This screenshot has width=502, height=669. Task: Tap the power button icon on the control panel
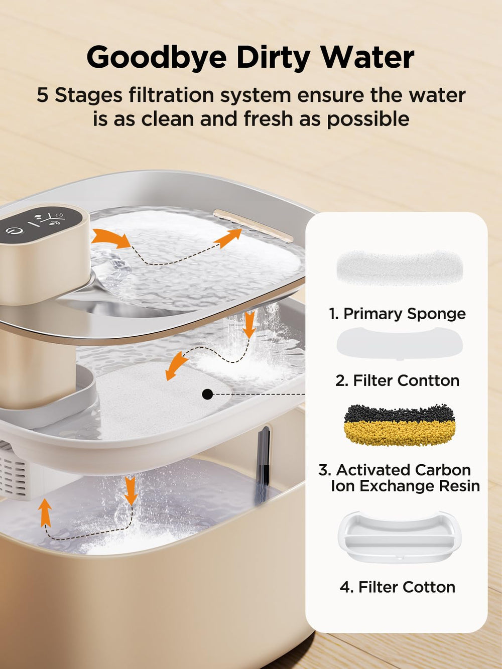point(12,231)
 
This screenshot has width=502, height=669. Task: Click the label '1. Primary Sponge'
point(397,314)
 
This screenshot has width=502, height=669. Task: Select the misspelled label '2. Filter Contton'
point(397,381)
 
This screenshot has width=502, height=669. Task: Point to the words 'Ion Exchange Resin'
point(406,486)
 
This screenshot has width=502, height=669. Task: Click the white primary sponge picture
point(399,268)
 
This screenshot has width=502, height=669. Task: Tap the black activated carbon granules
point(399,413)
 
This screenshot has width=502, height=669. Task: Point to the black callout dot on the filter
point(207,394)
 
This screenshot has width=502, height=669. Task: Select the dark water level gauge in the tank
point(263,463)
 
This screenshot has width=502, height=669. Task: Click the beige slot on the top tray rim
point(253,225)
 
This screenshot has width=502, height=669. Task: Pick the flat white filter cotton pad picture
point(399,343)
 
